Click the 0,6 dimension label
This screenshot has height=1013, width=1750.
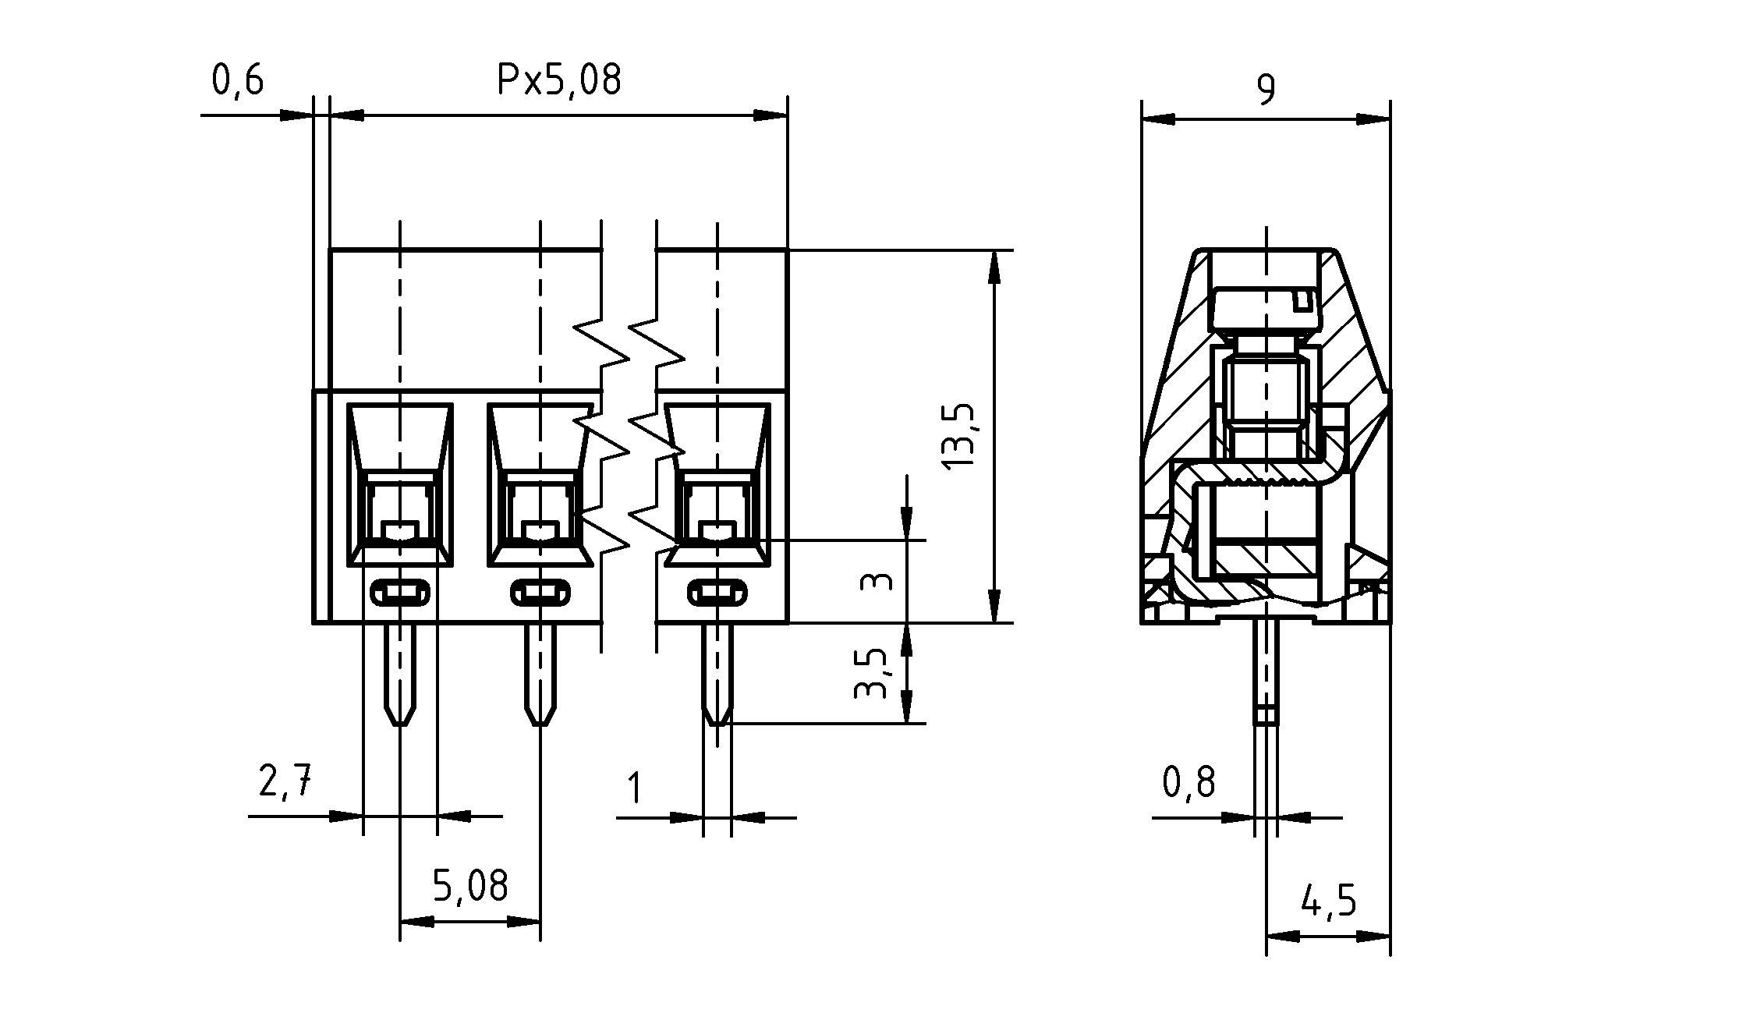238,81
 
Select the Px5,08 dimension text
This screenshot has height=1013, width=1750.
559,80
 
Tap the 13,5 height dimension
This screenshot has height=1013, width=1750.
958,435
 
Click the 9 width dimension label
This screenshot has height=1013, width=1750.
1266,90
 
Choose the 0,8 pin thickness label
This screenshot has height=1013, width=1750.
1189,782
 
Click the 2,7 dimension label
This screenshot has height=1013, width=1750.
285,781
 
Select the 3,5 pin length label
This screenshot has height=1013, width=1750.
871,673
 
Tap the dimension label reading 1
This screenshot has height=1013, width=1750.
635,788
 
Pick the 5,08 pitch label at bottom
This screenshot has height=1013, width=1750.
470,886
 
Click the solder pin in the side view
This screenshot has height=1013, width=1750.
1266,671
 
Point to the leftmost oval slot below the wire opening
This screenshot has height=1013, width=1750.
400,594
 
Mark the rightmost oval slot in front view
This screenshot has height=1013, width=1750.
717,594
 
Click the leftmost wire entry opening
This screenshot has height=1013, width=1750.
400,483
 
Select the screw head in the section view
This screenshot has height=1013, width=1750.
1266,309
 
